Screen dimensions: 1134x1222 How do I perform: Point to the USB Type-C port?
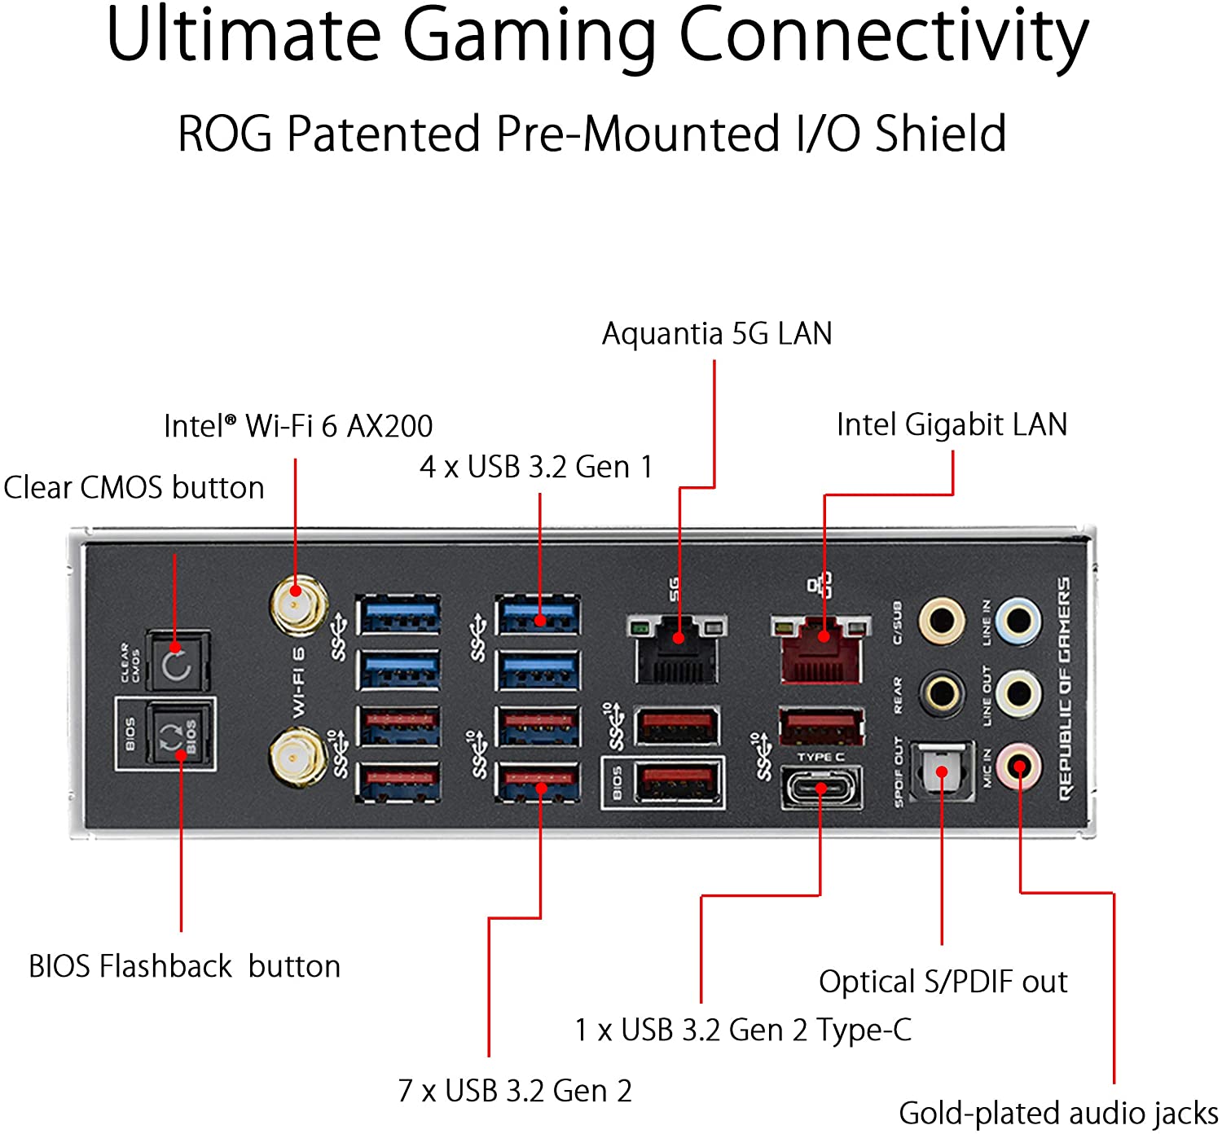(x=821, y=789)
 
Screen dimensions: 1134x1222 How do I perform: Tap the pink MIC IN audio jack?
(x=1019, y=767)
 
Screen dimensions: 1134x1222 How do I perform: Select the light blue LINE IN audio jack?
(x=1019, y=622)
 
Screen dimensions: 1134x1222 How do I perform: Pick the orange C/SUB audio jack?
(x=942, y=622)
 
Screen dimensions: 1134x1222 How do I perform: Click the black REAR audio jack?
(x=942, y=694)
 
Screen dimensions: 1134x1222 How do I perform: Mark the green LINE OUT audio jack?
(x=1019, y=694)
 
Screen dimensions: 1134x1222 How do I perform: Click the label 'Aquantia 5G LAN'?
(x=717, y=334)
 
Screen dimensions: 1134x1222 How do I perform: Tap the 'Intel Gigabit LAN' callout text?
(x=952, y=425)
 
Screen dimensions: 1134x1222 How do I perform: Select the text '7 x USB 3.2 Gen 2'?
(x=515, y=1091)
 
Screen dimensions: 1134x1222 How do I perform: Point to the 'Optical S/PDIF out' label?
(x=943, y=982)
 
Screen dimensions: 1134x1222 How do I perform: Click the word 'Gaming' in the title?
(x=530, y=37)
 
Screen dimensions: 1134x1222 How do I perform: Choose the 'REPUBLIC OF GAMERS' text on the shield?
(x=1065, y=688)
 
